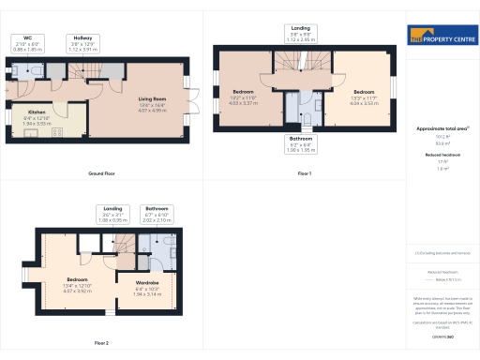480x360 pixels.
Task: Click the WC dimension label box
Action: click(x=26, y=41)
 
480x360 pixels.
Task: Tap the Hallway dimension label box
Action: click(x=83, y=41)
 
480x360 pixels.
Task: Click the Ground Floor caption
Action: click(x=101, y=173)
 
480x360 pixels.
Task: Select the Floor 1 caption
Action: click(x=304, y=173)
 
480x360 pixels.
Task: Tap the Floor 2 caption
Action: click(x=101, y=343)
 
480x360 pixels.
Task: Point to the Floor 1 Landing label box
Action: click(x=302, y=36)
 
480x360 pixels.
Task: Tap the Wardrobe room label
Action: click(x=147, y=284)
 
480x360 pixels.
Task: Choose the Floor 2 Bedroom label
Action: click(x=77, y=283)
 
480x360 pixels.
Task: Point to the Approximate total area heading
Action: click(x=442, y=127)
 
